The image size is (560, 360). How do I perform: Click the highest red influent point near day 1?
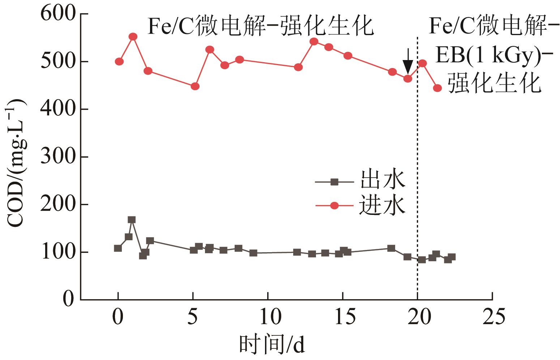[x=133, y=37]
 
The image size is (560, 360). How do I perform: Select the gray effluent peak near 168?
[x=132, y=220]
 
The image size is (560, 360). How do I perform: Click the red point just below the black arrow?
[x=408, y=79]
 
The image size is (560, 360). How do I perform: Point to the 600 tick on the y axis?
[x=84, y=14]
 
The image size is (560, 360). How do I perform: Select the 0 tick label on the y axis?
[x=68, y=300]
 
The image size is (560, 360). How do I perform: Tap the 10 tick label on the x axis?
[x=268, y=317]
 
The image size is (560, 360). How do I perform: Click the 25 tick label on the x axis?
[x=492, y=317]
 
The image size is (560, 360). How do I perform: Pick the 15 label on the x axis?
[x=343, y=317]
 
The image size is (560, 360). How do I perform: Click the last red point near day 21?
[x=437, y=88]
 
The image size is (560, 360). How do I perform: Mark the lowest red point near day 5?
[x=195, y=86]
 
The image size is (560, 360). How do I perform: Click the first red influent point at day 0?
[x=119, y=62]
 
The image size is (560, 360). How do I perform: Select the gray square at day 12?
[x=297, y=252]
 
